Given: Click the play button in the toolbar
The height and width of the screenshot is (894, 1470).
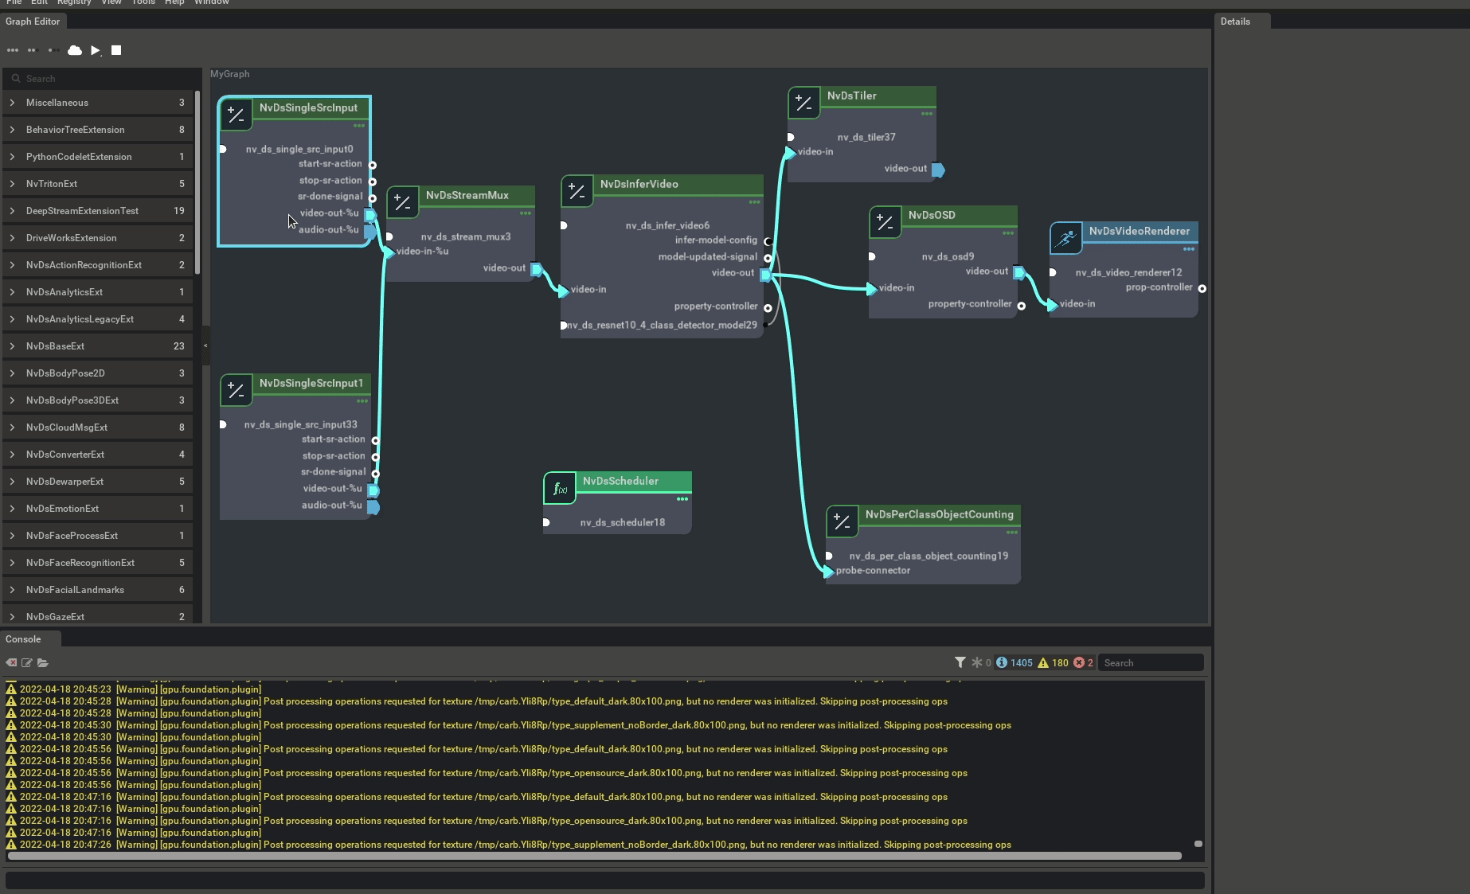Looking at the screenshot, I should click(x=95, y=50).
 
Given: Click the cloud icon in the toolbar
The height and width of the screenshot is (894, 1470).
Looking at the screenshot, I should click(x=75, y=50).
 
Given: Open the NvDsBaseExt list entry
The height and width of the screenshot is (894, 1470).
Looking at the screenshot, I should click(x=55, y=346).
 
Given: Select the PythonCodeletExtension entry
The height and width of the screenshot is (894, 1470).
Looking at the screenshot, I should click(x=78, y=157).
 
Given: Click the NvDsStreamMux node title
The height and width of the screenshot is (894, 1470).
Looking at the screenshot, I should click(x=467, y=196).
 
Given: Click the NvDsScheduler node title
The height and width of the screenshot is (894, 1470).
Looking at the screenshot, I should click(x=620, y=482).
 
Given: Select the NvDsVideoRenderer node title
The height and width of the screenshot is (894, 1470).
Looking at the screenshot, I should click(x=1139, y=232).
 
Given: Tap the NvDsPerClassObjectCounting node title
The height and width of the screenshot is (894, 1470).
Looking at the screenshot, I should click(x=939, y=515).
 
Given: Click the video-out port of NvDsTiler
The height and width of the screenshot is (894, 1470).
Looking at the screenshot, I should click(x=938, y=170).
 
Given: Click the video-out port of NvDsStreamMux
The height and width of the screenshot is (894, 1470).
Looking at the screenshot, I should click(x=537, y=269).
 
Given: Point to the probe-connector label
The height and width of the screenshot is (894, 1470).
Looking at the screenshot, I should click(x=873, y=571).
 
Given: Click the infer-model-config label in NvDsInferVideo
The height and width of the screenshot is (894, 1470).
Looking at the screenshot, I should click(x=716, y=240).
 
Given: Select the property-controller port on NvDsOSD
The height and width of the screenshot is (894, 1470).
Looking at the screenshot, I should click(x=1021, y=305).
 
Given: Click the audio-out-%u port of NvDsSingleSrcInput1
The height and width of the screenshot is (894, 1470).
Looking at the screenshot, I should click(x=373, y=507).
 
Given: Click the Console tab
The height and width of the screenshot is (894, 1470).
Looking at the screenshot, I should click(x=23, y=639).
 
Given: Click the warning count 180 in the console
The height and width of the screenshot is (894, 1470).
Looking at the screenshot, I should click(x=1059, y=663).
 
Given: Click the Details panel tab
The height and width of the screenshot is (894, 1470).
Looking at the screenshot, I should click(x=1235, y=21).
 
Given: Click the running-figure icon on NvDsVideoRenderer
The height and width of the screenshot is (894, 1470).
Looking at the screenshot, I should click(x=1065, y=238).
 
